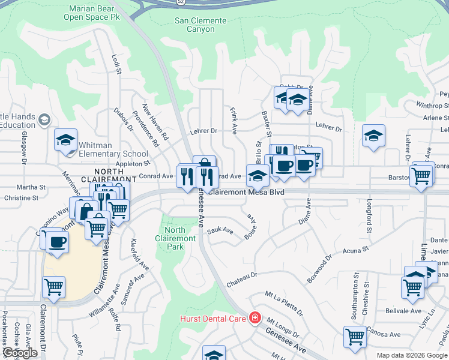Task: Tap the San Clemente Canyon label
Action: click(x=200, y=25)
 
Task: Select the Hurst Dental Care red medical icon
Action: click(x=255, y=317)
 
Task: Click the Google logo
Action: click(x=20, y=353)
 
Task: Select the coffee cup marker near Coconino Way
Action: click(x=57, y=242)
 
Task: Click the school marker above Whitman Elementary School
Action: click(x=65, y=140)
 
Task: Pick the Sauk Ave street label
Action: click(x=220, y=230)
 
